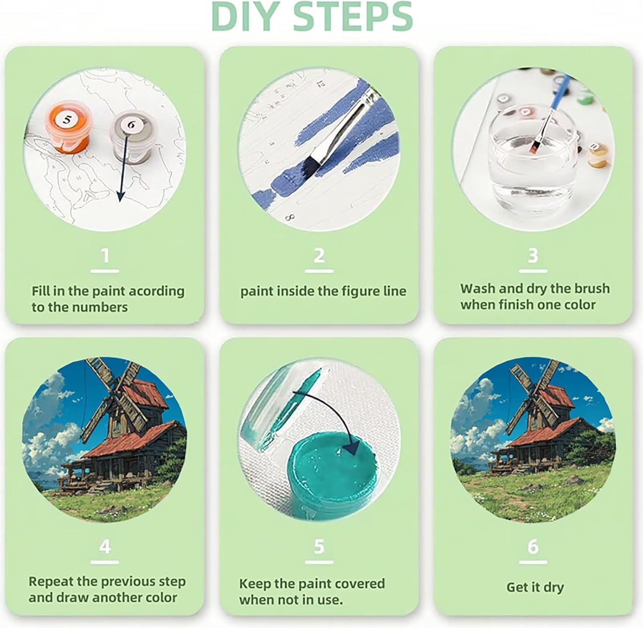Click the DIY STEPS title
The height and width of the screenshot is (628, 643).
click(x=312, y=16)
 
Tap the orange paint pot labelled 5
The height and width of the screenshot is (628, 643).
click(x=67, y=127)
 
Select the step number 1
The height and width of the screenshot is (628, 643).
click(x=105, y=256)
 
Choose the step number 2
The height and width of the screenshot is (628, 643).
click(x=319, y=256)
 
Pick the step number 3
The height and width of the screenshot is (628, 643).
click(x=533, y=256)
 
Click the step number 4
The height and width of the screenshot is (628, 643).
click(x=105, y=547)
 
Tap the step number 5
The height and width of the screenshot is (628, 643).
click(x=319, y=547)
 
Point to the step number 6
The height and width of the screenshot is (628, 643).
click(x=533, y=547)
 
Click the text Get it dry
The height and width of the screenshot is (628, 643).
click(x=535, y=587)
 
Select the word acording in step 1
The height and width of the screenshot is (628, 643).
click(x=156, y=292)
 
